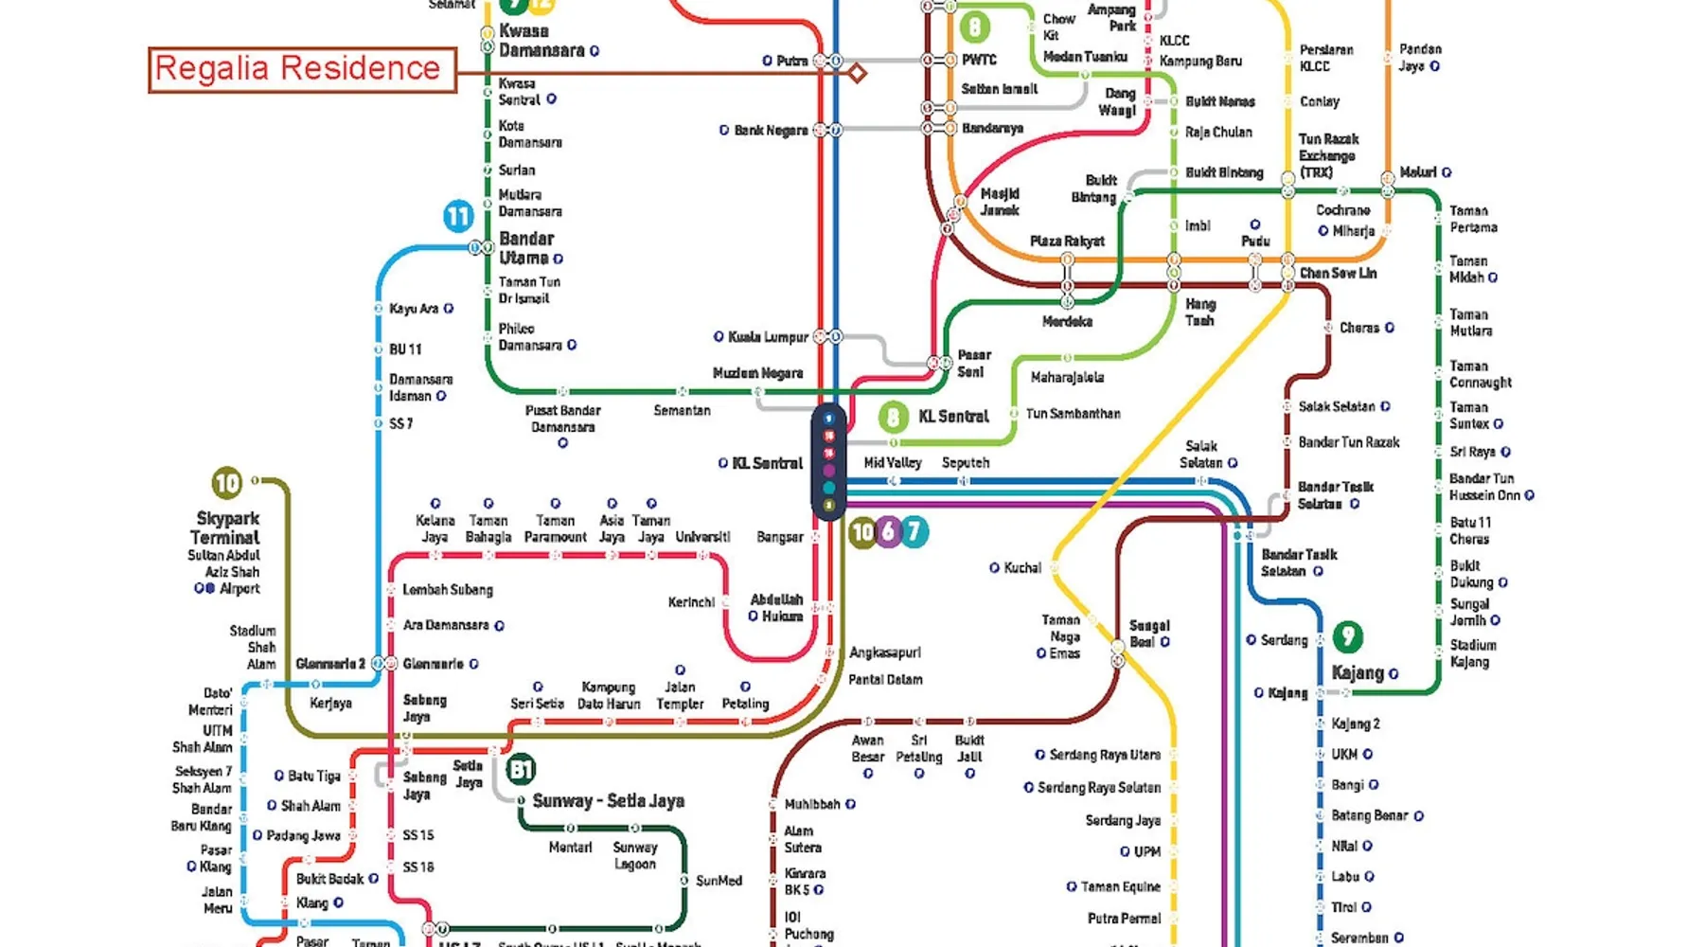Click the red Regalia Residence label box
302,69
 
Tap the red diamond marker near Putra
857,73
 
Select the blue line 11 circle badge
458,217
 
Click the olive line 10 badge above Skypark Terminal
227,484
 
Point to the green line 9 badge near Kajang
1348,636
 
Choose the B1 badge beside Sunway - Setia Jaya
521,769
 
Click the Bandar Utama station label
526,248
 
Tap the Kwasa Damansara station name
541,41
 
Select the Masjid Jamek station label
1000,202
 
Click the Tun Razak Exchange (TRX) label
1327,155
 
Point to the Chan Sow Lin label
1338,274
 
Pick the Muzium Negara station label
757,373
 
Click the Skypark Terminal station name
227,527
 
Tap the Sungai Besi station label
1149,634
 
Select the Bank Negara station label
771,131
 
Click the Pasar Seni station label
973,364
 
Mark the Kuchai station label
1022,568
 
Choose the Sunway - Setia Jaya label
608,801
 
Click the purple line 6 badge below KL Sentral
888,532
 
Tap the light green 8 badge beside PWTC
974,27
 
